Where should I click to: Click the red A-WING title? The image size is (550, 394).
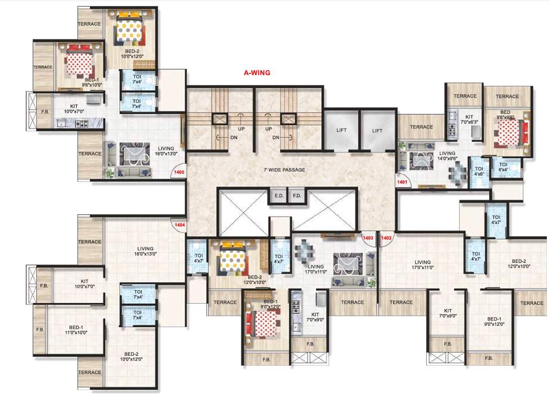pos(257,73)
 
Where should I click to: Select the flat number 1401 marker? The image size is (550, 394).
pos(403,182)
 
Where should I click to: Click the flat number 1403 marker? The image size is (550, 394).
pos(368,238)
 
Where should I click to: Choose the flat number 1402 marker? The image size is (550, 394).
pos(387,238)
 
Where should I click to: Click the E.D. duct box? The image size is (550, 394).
pos(278,196)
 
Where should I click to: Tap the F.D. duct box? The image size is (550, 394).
pos(297,196)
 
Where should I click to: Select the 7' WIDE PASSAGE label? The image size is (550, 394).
pos(284,169)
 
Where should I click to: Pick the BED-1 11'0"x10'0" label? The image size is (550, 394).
pos(75,329)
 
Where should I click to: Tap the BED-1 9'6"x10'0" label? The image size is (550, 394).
pos(77,82)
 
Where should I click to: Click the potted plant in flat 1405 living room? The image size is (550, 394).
pos(110,174)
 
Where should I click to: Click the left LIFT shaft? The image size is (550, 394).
pos(341,130)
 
